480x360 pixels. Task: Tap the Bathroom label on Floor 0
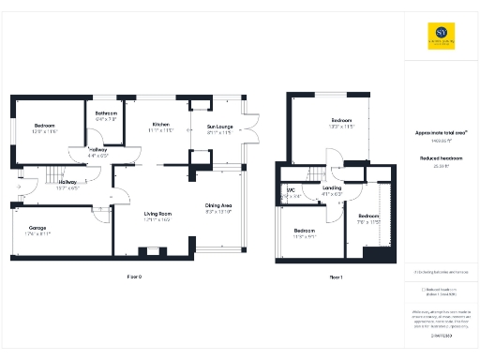coord(106,114)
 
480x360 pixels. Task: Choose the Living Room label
coord(157,215)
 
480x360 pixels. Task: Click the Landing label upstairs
coord(332,188)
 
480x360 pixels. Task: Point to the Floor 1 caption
coord(337,277)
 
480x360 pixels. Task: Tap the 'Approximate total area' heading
coord(441,133)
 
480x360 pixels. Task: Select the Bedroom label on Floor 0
coord(45,126)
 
